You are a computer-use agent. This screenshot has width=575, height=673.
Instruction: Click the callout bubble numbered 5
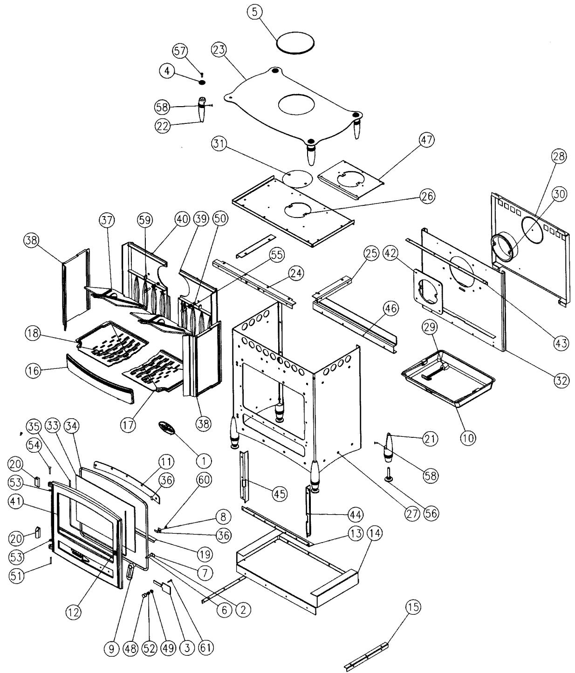(x=254, y=12)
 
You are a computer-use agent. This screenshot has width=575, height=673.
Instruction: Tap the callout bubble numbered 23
(x=219, y=50)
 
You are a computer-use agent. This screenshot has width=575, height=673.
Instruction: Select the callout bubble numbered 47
(x=427, y=140)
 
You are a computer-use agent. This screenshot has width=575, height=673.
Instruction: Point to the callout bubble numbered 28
(x=559, y=156)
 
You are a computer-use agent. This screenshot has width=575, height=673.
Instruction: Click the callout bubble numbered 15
(x=413, y=607)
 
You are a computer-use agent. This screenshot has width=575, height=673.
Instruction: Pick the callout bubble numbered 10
(x=468, y=438)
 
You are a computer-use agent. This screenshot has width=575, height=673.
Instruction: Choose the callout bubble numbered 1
(x=204, y=461)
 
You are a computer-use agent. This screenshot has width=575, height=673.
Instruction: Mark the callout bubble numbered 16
(x=33, y=371)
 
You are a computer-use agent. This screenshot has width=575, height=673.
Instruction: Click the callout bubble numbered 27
(x=412, y=513)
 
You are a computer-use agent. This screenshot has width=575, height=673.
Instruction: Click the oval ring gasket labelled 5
(x=295, y=34)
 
